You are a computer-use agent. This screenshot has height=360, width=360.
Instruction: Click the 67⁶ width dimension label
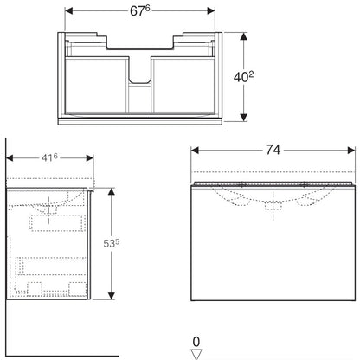[140, 10]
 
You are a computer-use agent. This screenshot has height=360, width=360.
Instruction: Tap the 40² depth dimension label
[243, 77]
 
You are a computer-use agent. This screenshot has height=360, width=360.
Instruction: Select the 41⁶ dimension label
[49, 157]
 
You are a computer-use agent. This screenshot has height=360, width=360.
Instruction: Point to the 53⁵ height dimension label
[111, 243]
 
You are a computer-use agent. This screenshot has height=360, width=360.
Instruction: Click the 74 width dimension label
[273, 150]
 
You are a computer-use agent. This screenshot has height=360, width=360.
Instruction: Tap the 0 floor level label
[196, 342]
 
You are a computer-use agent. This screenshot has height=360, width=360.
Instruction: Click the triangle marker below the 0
[196, 354]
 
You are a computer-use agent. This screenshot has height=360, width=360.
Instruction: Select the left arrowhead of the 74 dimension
[195, 151]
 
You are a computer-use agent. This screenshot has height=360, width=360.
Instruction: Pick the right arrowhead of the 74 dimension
[351, 151]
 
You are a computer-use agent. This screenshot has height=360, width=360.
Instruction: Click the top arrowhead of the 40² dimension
[244, 36]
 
